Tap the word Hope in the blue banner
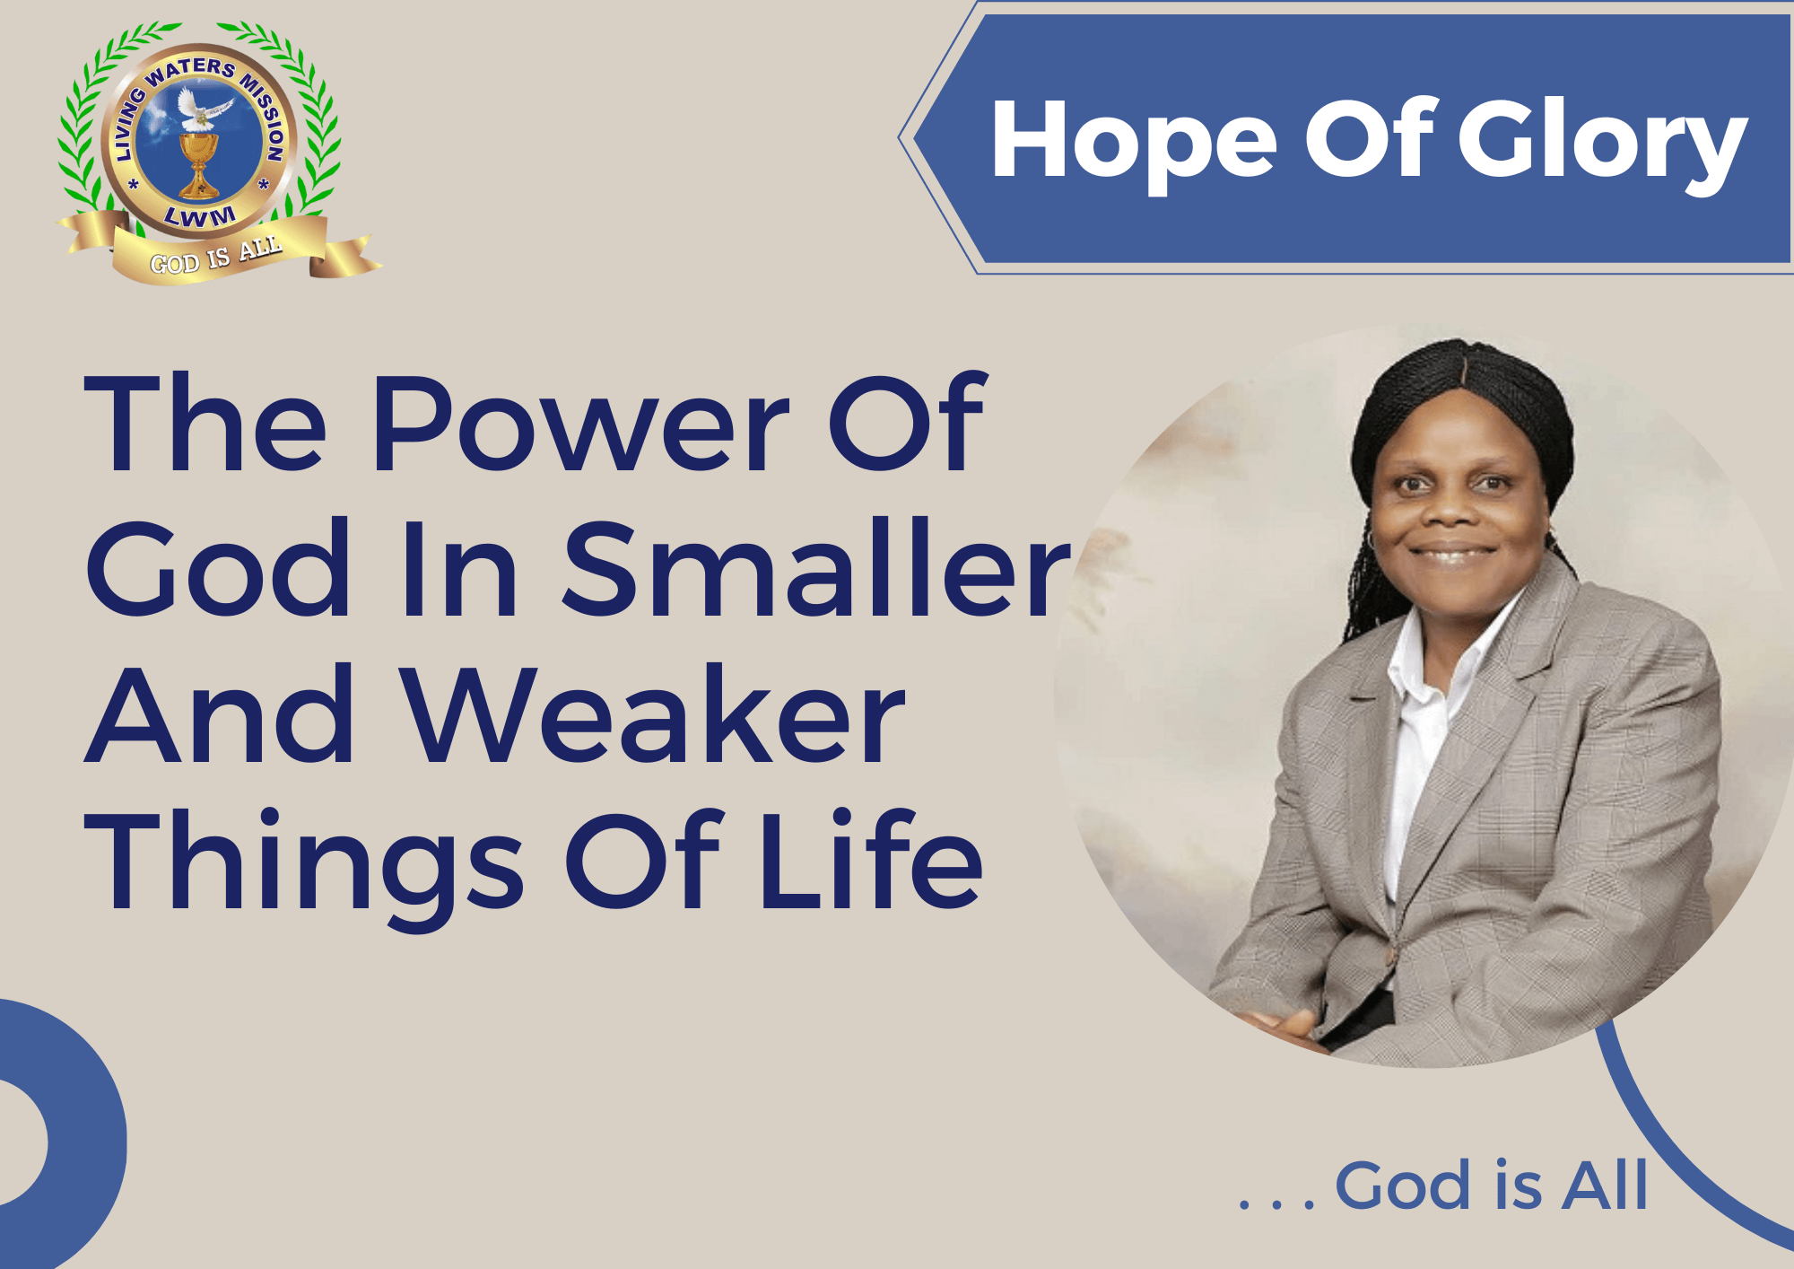(1134, 144)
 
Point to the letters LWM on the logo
(200, 215)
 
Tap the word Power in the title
(581, 423)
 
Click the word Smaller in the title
(816, 567)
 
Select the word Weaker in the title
(652, 714)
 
